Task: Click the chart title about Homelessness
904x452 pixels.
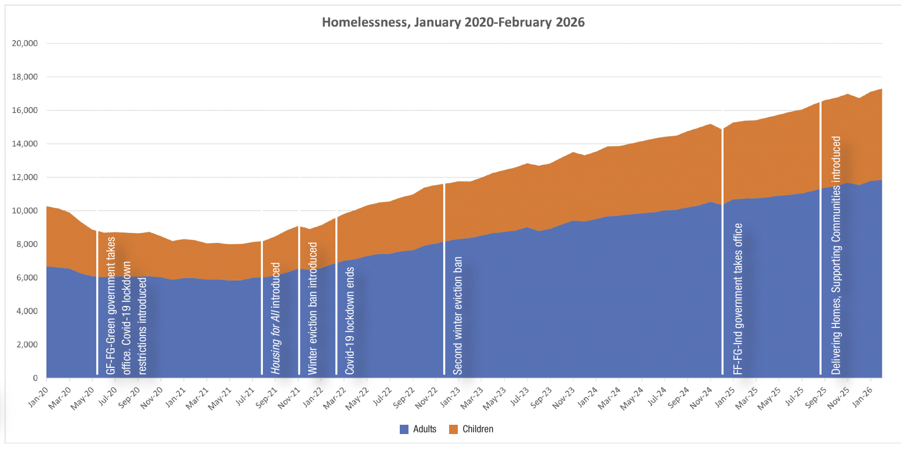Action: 453,22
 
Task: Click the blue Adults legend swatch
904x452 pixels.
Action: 404,429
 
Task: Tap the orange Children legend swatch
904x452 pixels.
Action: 454,429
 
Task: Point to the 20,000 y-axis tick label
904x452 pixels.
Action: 24,43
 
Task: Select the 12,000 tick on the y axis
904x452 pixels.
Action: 24,177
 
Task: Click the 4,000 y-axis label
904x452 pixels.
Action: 27,311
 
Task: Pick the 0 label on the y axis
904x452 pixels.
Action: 35,378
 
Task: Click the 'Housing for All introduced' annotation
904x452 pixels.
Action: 275,319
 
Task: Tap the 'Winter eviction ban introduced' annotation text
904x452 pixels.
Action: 313,308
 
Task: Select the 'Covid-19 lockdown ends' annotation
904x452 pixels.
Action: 349,321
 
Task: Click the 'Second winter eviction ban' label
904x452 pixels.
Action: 457,316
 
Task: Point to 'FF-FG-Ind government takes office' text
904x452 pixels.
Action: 737,299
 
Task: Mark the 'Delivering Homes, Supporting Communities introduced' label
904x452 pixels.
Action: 836,255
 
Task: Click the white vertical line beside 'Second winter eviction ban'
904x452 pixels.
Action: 444,279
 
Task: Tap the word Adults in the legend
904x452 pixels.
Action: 425,429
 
